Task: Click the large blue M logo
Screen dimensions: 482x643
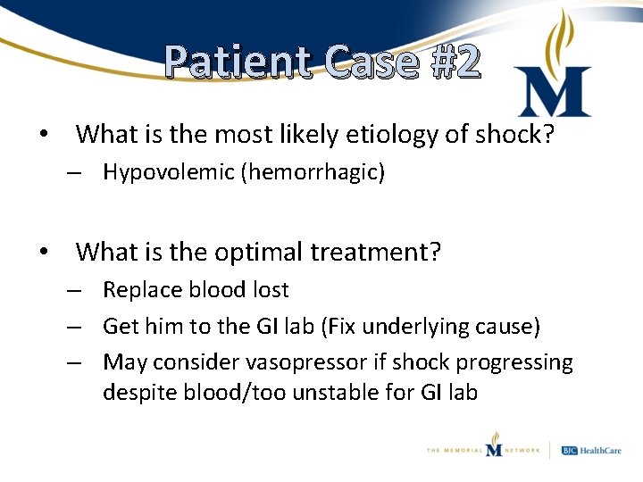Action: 554,92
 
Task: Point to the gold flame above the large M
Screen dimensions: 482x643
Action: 562,36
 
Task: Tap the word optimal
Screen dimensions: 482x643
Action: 258,252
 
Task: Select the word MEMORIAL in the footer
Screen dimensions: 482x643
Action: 457,451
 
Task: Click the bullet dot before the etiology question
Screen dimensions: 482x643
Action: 43,134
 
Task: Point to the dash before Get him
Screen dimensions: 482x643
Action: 79,326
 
